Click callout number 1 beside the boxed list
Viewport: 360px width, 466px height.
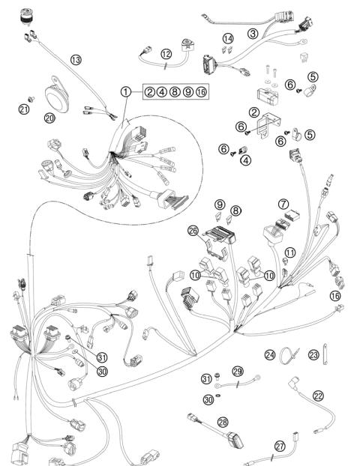[x=126, y=91]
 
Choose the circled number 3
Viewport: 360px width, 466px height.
[x=253, y=34]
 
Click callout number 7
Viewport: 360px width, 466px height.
[x=283, y=203]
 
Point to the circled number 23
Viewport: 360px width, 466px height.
[x=315, y=354]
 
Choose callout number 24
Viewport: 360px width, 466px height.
[x=269, y=354]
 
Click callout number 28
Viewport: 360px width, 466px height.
[x=222, y=423]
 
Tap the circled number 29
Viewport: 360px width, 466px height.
[x=238, y=371]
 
